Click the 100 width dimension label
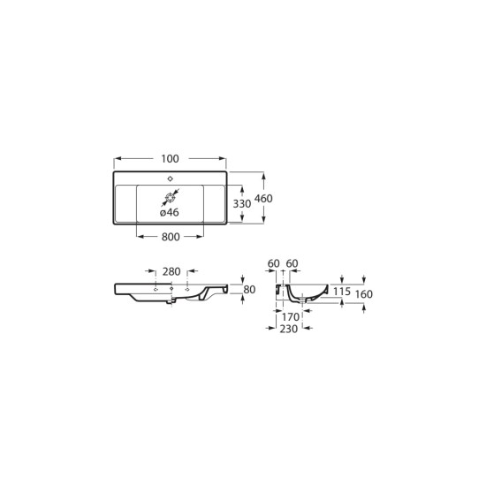point(170,159)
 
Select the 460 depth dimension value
point(263,198)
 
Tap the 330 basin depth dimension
point(242,203)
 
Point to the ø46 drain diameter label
point(170,212)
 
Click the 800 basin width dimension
point(171,237)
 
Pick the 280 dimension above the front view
point(171,271)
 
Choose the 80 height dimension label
point(249,290)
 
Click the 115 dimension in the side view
point(342,292)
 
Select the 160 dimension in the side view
point(363,294)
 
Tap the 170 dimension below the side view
point(291,316)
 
